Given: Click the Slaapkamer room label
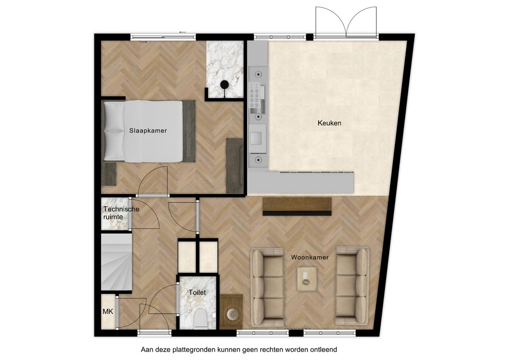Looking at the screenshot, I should tap(148, 130).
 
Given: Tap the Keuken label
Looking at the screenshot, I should tap(329, 123).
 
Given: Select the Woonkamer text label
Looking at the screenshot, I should tap(310, 257).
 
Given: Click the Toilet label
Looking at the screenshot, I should tap(197, 292).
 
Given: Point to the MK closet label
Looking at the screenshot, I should tap(108, 312).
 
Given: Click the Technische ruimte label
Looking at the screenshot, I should tap(121, 213).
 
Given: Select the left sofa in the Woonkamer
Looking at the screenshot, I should tap(267, 287).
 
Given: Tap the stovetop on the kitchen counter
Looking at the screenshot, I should tap(257, 97).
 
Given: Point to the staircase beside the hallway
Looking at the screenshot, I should tap(116, 262).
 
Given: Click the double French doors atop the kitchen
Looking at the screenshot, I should tap(346, 22).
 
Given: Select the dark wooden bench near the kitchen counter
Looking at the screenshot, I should tap(297, 206).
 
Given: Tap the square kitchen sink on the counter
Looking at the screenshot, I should tap(256, 138).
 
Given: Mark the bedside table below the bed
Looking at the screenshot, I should tap(109, 174).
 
